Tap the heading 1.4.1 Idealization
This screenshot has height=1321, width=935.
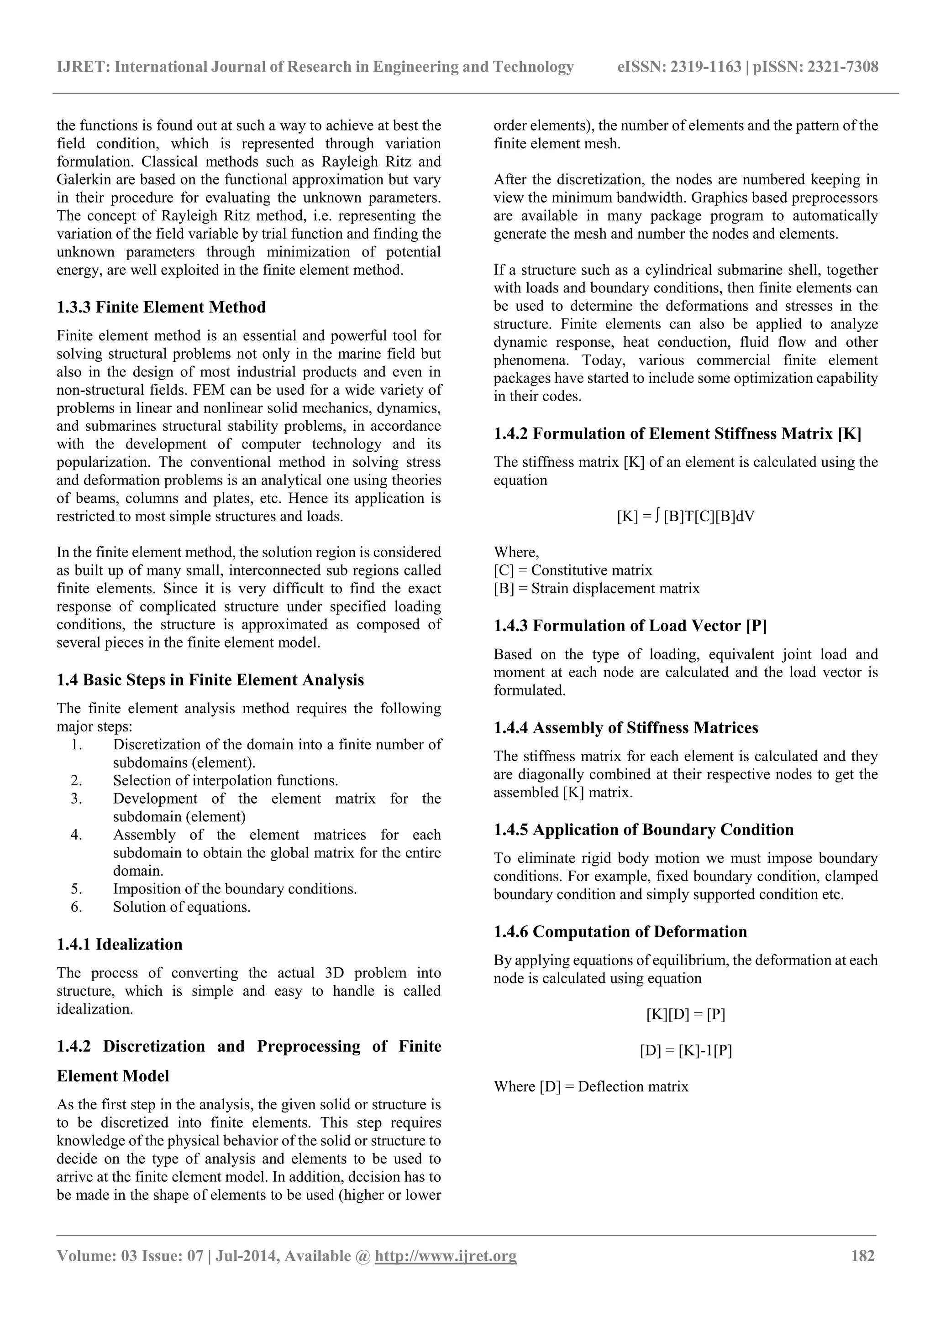coord(120,944)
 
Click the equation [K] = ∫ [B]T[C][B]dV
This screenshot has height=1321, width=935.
coord(685,516)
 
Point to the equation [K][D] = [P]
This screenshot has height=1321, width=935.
coord(685,1014)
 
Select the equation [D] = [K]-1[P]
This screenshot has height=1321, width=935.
coord(685,1050)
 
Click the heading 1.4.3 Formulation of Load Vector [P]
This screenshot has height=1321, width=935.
coord(630,626)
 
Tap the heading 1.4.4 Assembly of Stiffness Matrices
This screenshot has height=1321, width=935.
coord(626,728)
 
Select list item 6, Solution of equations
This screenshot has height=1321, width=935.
coord(181,907)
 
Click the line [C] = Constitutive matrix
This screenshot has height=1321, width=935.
coord(573,571)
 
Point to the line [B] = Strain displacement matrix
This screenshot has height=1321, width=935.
coord(596,589)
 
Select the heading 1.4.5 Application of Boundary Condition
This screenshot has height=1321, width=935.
coord(643,830)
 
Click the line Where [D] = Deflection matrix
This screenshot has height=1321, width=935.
coord(591,1087)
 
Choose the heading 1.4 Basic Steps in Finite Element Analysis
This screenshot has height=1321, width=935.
coord(210,680)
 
